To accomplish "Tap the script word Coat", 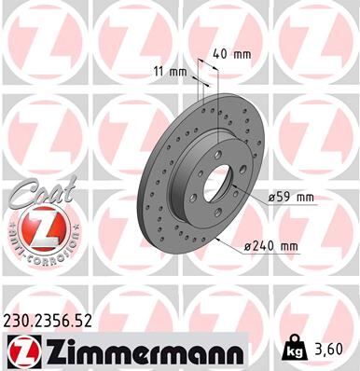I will point(35,192).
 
